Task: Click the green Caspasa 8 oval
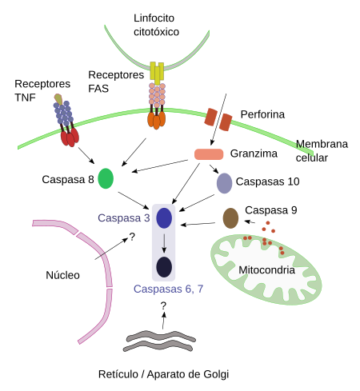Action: [x=106, y=178]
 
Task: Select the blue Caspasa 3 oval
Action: [x=164, y=218]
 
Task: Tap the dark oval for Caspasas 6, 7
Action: [x=164, y=267]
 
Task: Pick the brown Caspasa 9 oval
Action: [x=230, y=218]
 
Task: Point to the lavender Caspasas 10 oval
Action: [x=224, y=183]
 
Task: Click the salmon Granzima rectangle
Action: [x=209, y=154]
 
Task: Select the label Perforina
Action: [x=262, y=114]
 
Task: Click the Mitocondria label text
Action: [x=266, y=270]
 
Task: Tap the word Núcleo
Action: [x=62, y=275]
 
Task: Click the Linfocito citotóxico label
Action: [x=156, y=25]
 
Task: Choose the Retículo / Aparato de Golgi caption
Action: [x=163, y=374]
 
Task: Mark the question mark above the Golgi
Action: [x=163, y=305]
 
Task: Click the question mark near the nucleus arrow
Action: [x=132, y=237]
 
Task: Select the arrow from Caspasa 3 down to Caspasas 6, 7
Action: [x=164, y=243]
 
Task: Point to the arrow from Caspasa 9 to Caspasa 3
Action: [x=198, y=224]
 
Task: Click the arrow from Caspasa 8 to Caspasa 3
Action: [x=134, y=200]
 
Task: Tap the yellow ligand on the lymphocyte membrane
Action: [x=157, y=73]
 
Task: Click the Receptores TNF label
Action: [x=42, y=90]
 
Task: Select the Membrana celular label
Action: [x=322, y=151]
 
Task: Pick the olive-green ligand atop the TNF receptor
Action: [x=58, y=99]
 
